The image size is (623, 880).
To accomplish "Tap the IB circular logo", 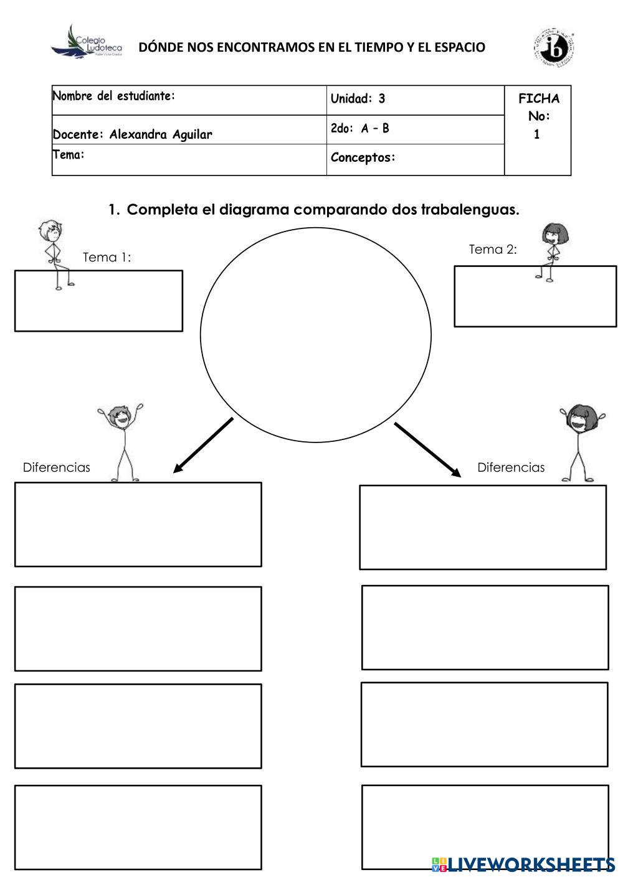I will click(x=553, y=47).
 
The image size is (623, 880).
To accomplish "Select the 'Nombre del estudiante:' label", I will click(x=113, y=96).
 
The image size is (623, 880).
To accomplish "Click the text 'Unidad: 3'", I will click(x=358, y=98).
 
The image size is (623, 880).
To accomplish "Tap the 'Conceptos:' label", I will click(x=363, y=157).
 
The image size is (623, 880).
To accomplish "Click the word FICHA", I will click(x=538, y=98).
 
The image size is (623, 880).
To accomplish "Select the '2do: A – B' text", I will click(x=359, y=129).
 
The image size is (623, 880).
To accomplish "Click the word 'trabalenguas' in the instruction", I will click(x=469, y=210).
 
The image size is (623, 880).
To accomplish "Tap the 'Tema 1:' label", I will click(x=107, y=258).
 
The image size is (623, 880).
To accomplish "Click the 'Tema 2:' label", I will click(x=492, y=250).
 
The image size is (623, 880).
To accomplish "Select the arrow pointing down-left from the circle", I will click(x=202, y=446).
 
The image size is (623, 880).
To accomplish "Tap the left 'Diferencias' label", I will click(x=56, y=467).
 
